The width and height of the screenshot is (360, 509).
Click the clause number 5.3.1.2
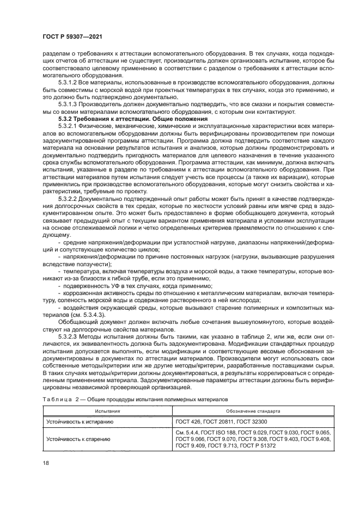pyautogui.click(x=70, y=82)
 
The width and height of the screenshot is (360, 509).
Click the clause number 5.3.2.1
pyautogui.click(x=70, y=126)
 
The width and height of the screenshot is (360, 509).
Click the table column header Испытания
pyautogui.click(x=107, y=412)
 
